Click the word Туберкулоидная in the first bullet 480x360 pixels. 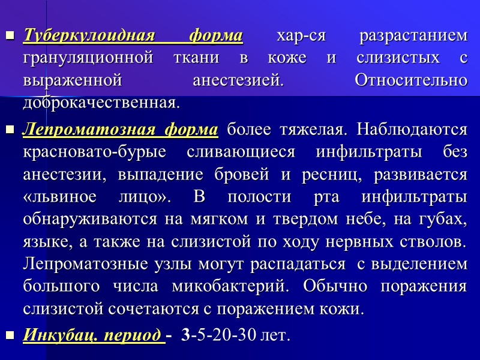pos(82,36)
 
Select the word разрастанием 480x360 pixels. pos(412,36)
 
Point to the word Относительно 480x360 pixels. pos(411,80)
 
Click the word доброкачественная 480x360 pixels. pos(100,102)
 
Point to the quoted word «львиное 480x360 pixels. pos(52,196)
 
